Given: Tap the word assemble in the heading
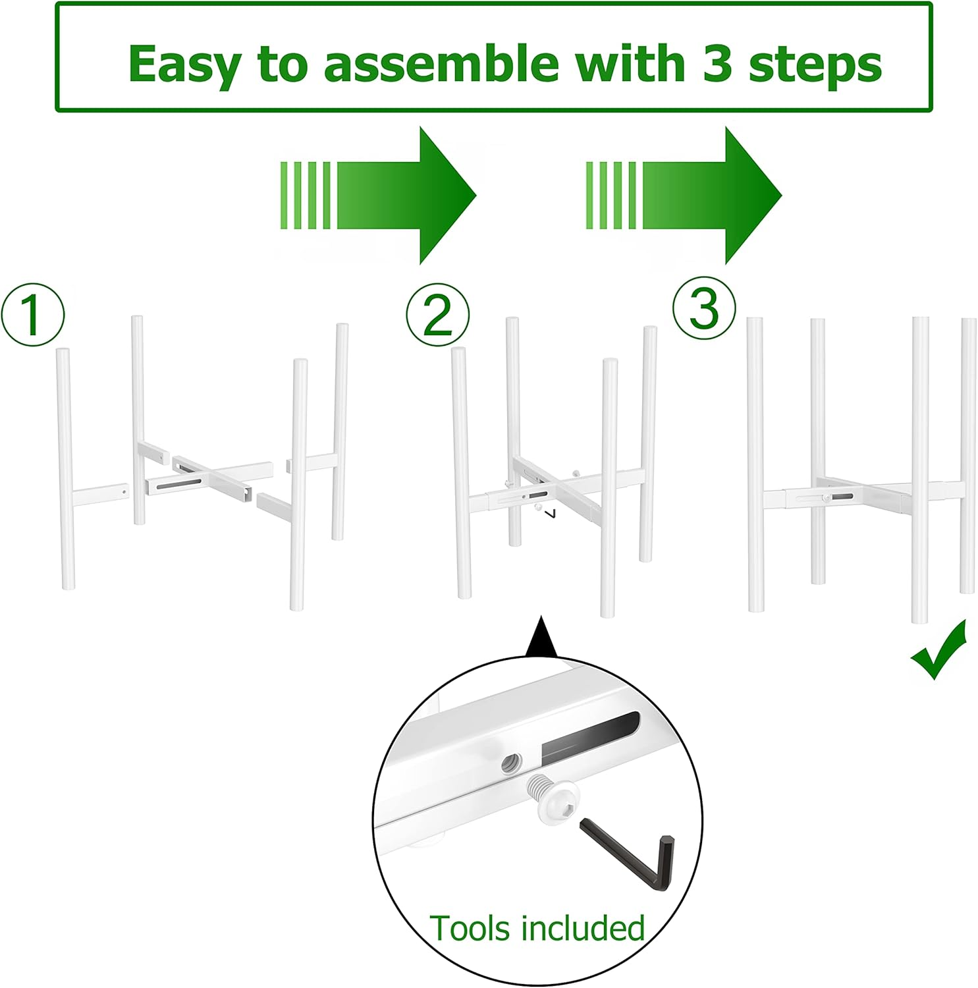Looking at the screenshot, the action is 442,64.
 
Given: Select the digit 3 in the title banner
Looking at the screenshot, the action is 717,64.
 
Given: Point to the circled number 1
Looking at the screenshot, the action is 33,315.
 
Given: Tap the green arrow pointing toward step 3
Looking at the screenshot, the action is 684,196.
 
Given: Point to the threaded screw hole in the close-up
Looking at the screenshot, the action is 512,763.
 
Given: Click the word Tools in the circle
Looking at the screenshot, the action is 470,929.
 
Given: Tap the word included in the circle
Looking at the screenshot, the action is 582,929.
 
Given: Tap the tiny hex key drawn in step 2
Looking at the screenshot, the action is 552,512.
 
